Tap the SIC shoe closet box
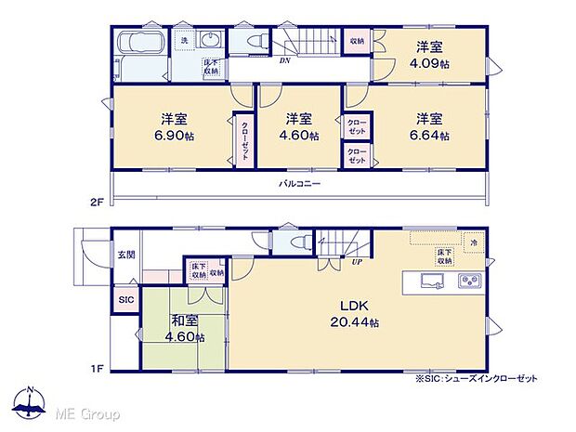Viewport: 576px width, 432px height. pos(124,300)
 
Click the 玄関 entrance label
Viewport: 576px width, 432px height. pos(125,254)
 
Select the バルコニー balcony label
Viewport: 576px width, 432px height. pos(300,184)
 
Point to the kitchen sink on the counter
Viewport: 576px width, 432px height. pos(433,282)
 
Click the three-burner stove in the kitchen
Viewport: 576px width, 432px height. pos(469,282)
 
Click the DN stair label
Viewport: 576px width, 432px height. pos(284,60)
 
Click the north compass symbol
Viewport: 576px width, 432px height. pos(31,401)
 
